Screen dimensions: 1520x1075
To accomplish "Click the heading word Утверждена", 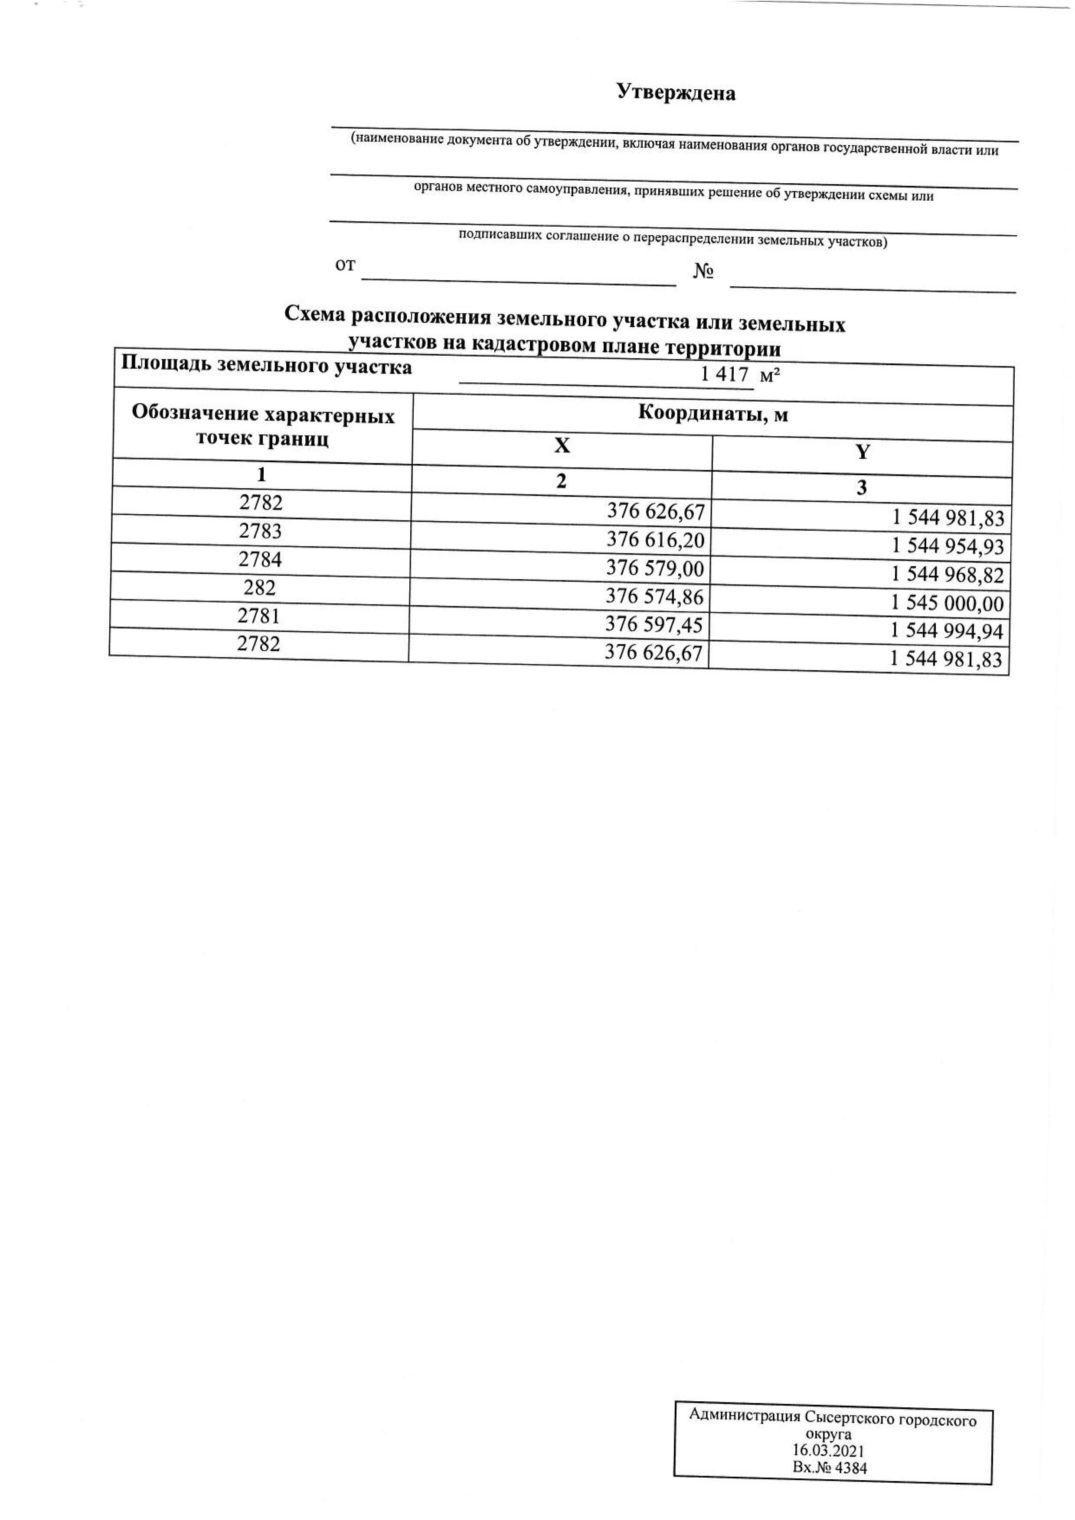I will (x=676, y=93).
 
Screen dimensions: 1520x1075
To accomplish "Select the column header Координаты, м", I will (x=713, y=414).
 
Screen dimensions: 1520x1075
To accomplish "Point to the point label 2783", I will (x=260, y=531).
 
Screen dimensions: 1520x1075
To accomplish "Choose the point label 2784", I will (x=260, y=559).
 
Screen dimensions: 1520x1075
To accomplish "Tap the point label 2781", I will (x=259, y=616).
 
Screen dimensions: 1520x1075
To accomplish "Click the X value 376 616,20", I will (x=655, y=540).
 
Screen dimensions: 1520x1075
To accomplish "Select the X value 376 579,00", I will (x=655, y=568).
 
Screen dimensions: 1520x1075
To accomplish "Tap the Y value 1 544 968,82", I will (x=948, y=575).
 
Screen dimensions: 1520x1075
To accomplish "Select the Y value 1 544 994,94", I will (x=947, y=632).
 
